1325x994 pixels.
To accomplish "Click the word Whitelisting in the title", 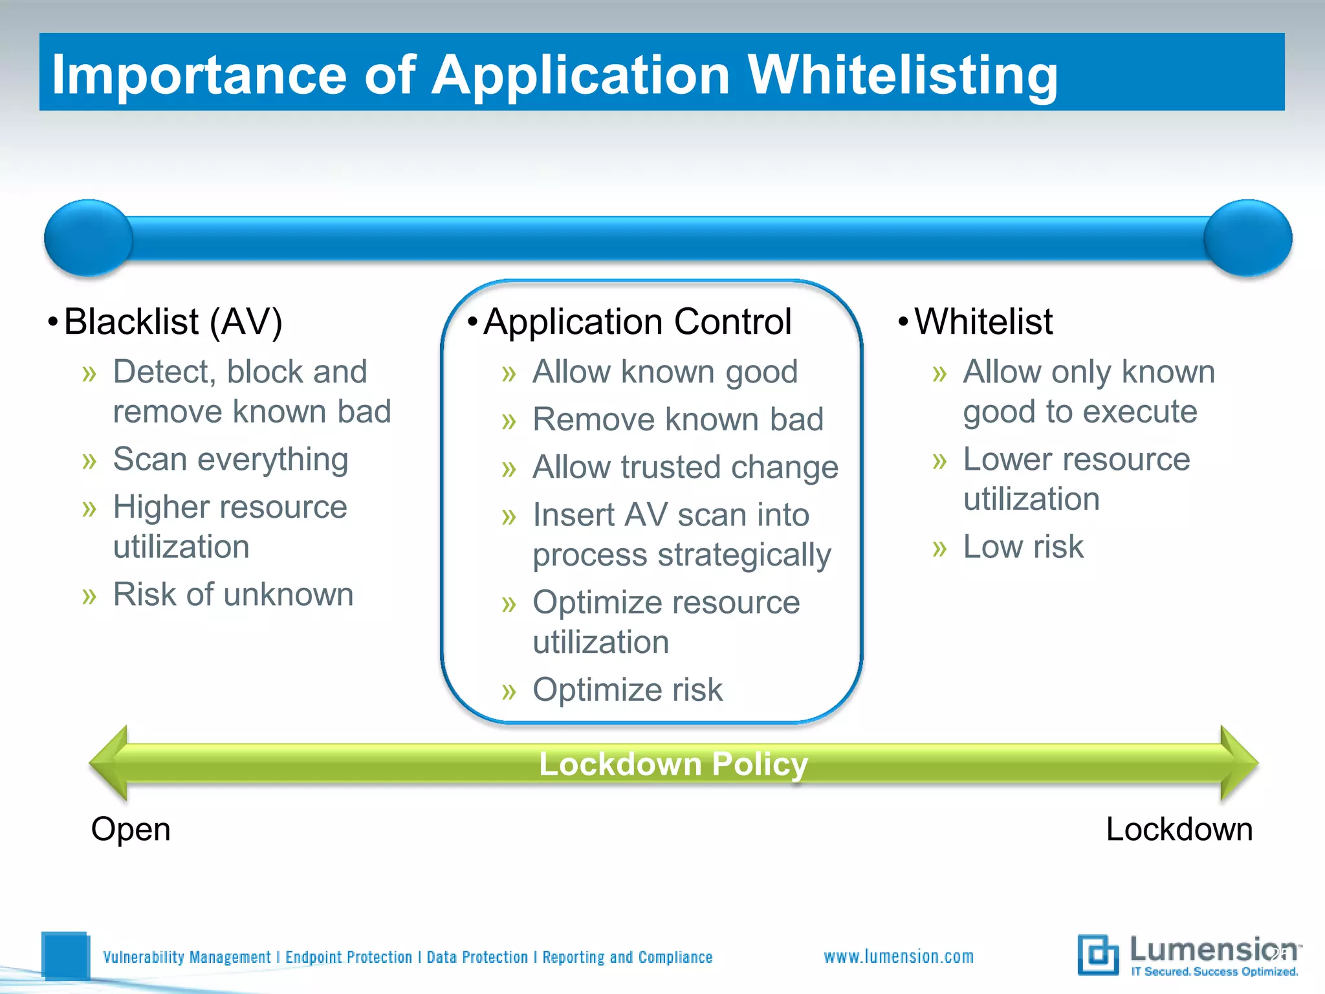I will [x=902, y=75].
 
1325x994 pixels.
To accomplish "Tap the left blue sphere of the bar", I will [x=89, y=237].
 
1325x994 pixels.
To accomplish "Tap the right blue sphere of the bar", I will [x=1247, y=237].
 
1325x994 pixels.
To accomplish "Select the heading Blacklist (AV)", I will [x=173, y=322].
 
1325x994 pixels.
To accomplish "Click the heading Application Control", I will [x=637, y=322].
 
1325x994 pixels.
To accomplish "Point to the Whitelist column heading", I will [x=983, y=322].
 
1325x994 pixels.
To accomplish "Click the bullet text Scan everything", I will [x=230, y=459].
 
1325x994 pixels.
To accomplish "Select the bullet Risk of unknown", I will [x=233, y=594].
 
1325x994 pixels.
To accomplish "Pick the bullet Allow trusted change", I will [x=685, y=467].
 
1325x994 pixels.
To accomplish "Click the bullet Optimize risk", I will [x=627, y=690].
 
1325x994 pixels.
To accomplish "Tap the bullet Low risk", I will [x=1022, y=547].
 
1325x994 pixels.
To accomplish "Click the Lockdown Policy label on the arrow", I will [x=673, y=764].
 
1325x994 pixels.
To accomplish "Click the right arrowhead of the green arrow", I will [x=1238, y=764].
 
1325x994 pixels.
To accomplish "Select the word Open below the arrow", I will [x=131, y=829].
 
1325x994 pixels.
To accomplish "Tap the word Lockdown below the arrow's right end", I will [x=1179, y=829].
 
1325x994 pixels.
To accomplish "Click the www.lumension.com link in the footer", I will [x=898, y=956].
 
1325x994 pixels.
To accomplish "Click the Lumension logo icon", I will [x=1098, y=955].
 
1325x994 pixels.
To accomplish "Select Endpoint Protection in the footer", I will [x=348, y=957].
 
